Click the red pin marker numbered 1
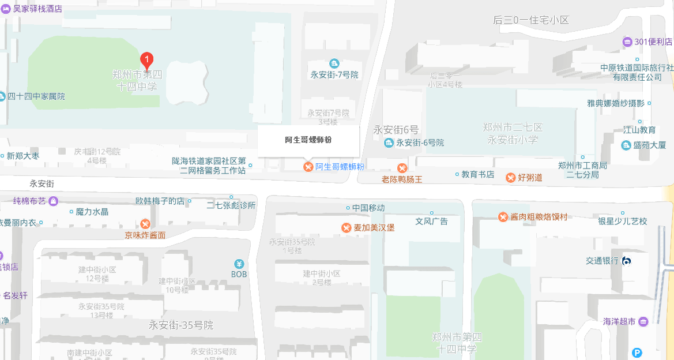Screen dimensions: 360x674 [147, 60]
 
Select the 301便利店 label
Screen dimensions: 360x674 [653, 42]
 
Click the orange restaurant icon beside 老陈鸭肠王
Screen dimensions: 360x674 [402, 168]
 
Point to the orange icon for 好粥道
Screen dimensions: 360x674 [511, 177]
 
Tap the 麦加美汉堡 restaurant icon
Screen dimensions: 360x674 [347, 228]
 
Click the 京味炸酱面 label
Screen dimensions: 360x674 [145, 235]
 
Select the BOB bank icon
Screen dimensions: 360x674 [239, 264]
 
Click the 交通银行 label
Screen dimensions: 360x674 [603, 261]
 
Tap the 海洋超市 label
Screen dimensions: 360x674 [619, 321]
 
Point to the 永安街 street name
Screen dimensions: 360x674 [42, 183]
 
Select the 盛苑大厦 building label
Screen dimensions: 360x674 [649, 145]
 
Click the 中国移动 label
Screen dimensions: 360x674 [368, 208]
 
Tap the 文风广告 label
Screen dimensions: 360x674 [432, 221]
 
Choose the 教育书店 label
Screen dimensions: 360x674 [478, 174]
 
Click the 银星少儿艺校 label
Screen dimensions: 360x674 [623, 221]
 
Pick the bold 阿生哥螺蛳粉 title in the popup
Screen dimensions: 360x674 [308, 140]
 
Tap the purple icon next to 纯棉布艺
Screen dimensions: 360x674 [54, 201]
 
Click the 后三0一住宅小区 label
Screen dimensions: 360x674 [531, 20]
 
